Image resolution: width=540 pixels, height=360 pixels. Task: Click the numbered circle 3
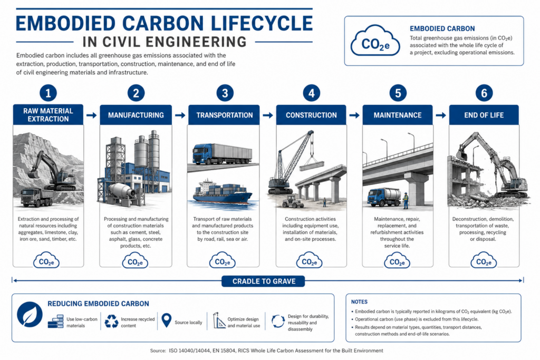click(225, 93)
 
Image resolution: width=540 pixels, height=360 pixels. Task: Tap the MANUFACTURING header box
click(136, 115)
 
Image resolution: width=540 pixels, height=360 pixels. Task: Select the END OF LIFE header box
click(484, 115)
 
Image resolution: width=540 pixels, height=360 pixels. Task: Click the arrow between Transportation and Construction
click(267, 115)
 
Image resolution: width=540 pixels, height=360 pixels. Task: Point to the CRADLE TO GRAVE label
click(264, 281)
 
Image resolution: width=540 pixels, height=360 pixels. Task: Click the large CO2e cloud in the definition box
click(375, 41)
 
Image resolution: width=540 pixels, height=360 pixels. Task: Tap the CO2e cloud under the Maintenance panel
click(397, 261)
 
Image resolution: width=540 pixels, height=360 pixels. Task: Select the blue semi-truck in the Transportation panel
click(222, 153)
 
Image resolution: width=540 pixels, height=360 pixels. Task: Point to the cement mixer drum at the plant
click(122, 191)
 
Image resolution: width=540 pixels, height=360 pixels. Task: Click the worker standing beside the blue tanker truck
click(406, 200)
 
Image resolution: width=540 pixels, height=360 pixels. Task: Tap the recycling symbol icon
click(111, 321)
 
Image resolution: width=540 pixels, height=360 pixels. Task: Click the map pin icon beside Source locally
click(166, 320)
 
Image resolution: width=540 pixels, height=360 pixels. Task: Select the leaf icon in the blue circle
click(30, 314)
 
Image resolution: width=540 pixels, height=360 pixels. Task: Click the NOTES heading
click(359, 302)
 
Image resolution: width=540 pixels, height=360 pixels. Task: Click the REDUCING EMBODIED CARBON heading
click(98, 304)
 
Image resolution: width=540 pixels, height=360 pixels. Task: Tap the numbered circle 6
click(484, 93)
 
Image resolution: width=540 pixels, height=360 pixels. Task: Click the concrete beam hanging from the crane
click(312, 166)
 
